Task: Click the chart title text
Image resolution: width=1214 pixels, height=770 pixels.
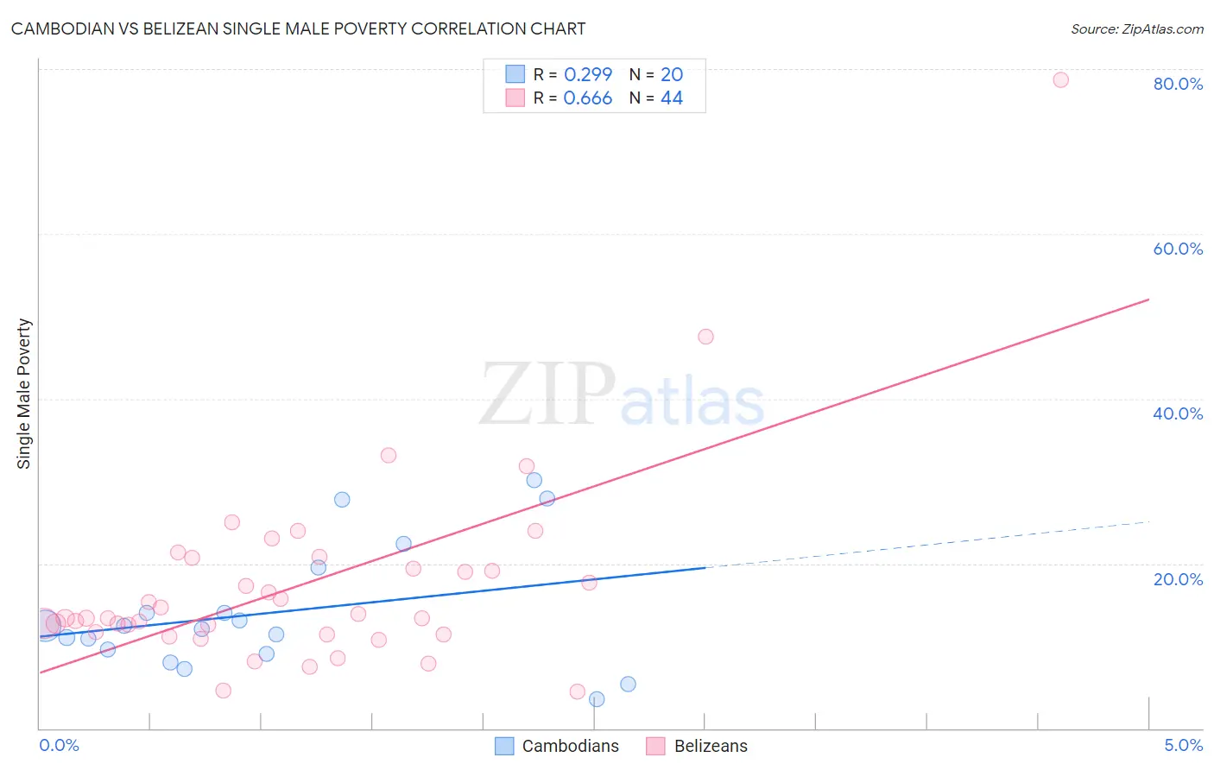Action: tap(298, 28)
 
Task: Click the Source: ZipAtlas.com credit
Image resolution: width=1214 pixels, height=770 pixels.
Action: tap(1136, 28)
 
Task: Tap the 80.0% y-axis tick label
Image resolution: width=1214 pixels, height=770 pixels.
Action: tap(1178, 84)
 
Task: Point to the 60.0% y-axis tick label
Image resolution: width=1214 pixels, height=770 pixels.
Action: tap(1178, 249)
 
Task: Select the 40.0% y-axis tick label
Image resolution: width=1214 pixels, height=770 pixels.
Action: tap(1178, 413)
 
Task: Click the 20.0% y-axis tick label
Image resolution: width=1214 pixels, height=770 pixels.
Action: tap(1178, 578)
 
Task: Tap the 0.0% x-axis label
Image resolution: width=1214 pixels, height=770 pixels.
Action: tap(59, 745)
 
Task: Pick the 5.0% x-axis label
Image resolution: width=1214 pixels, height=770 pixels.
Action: tap(1183, 745)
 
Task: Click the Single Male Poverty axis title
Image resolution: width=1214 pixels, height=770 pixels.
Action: tap(24, 394)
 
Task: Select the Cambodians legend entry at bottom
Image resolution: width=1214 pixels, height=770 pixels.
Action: tap(570, 746)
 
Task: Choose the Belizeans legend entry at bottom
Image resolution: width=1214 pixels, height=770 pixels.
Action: tap(711, 746)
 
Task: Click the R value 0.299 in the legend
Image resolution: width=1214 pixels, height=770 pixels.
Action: tap(588, 74)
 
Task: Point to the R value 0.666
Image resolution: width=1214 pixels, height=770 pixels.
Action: tap(588, 98)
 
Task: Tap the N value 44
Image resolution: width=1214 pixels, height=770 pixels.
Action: tap(672, 98)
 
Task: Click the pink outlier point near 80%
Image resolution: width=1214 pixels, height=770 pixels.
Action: tap(1060, 80)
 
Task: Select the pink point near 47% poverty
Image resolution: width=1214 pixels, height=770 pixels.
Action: tap(705, 337)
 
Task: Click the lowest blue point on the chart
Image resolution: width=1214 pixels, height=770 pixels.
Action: tap(597, 699)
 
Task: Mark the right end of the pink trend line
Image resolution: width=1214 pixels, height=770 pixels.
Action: tap(1148, 300)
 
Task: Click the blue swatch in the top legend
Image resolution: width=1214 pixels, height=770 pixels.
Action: tap(515, 74)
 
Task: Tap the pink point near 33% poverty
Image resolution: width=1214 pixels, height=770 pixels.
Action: tap(389, 455)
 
